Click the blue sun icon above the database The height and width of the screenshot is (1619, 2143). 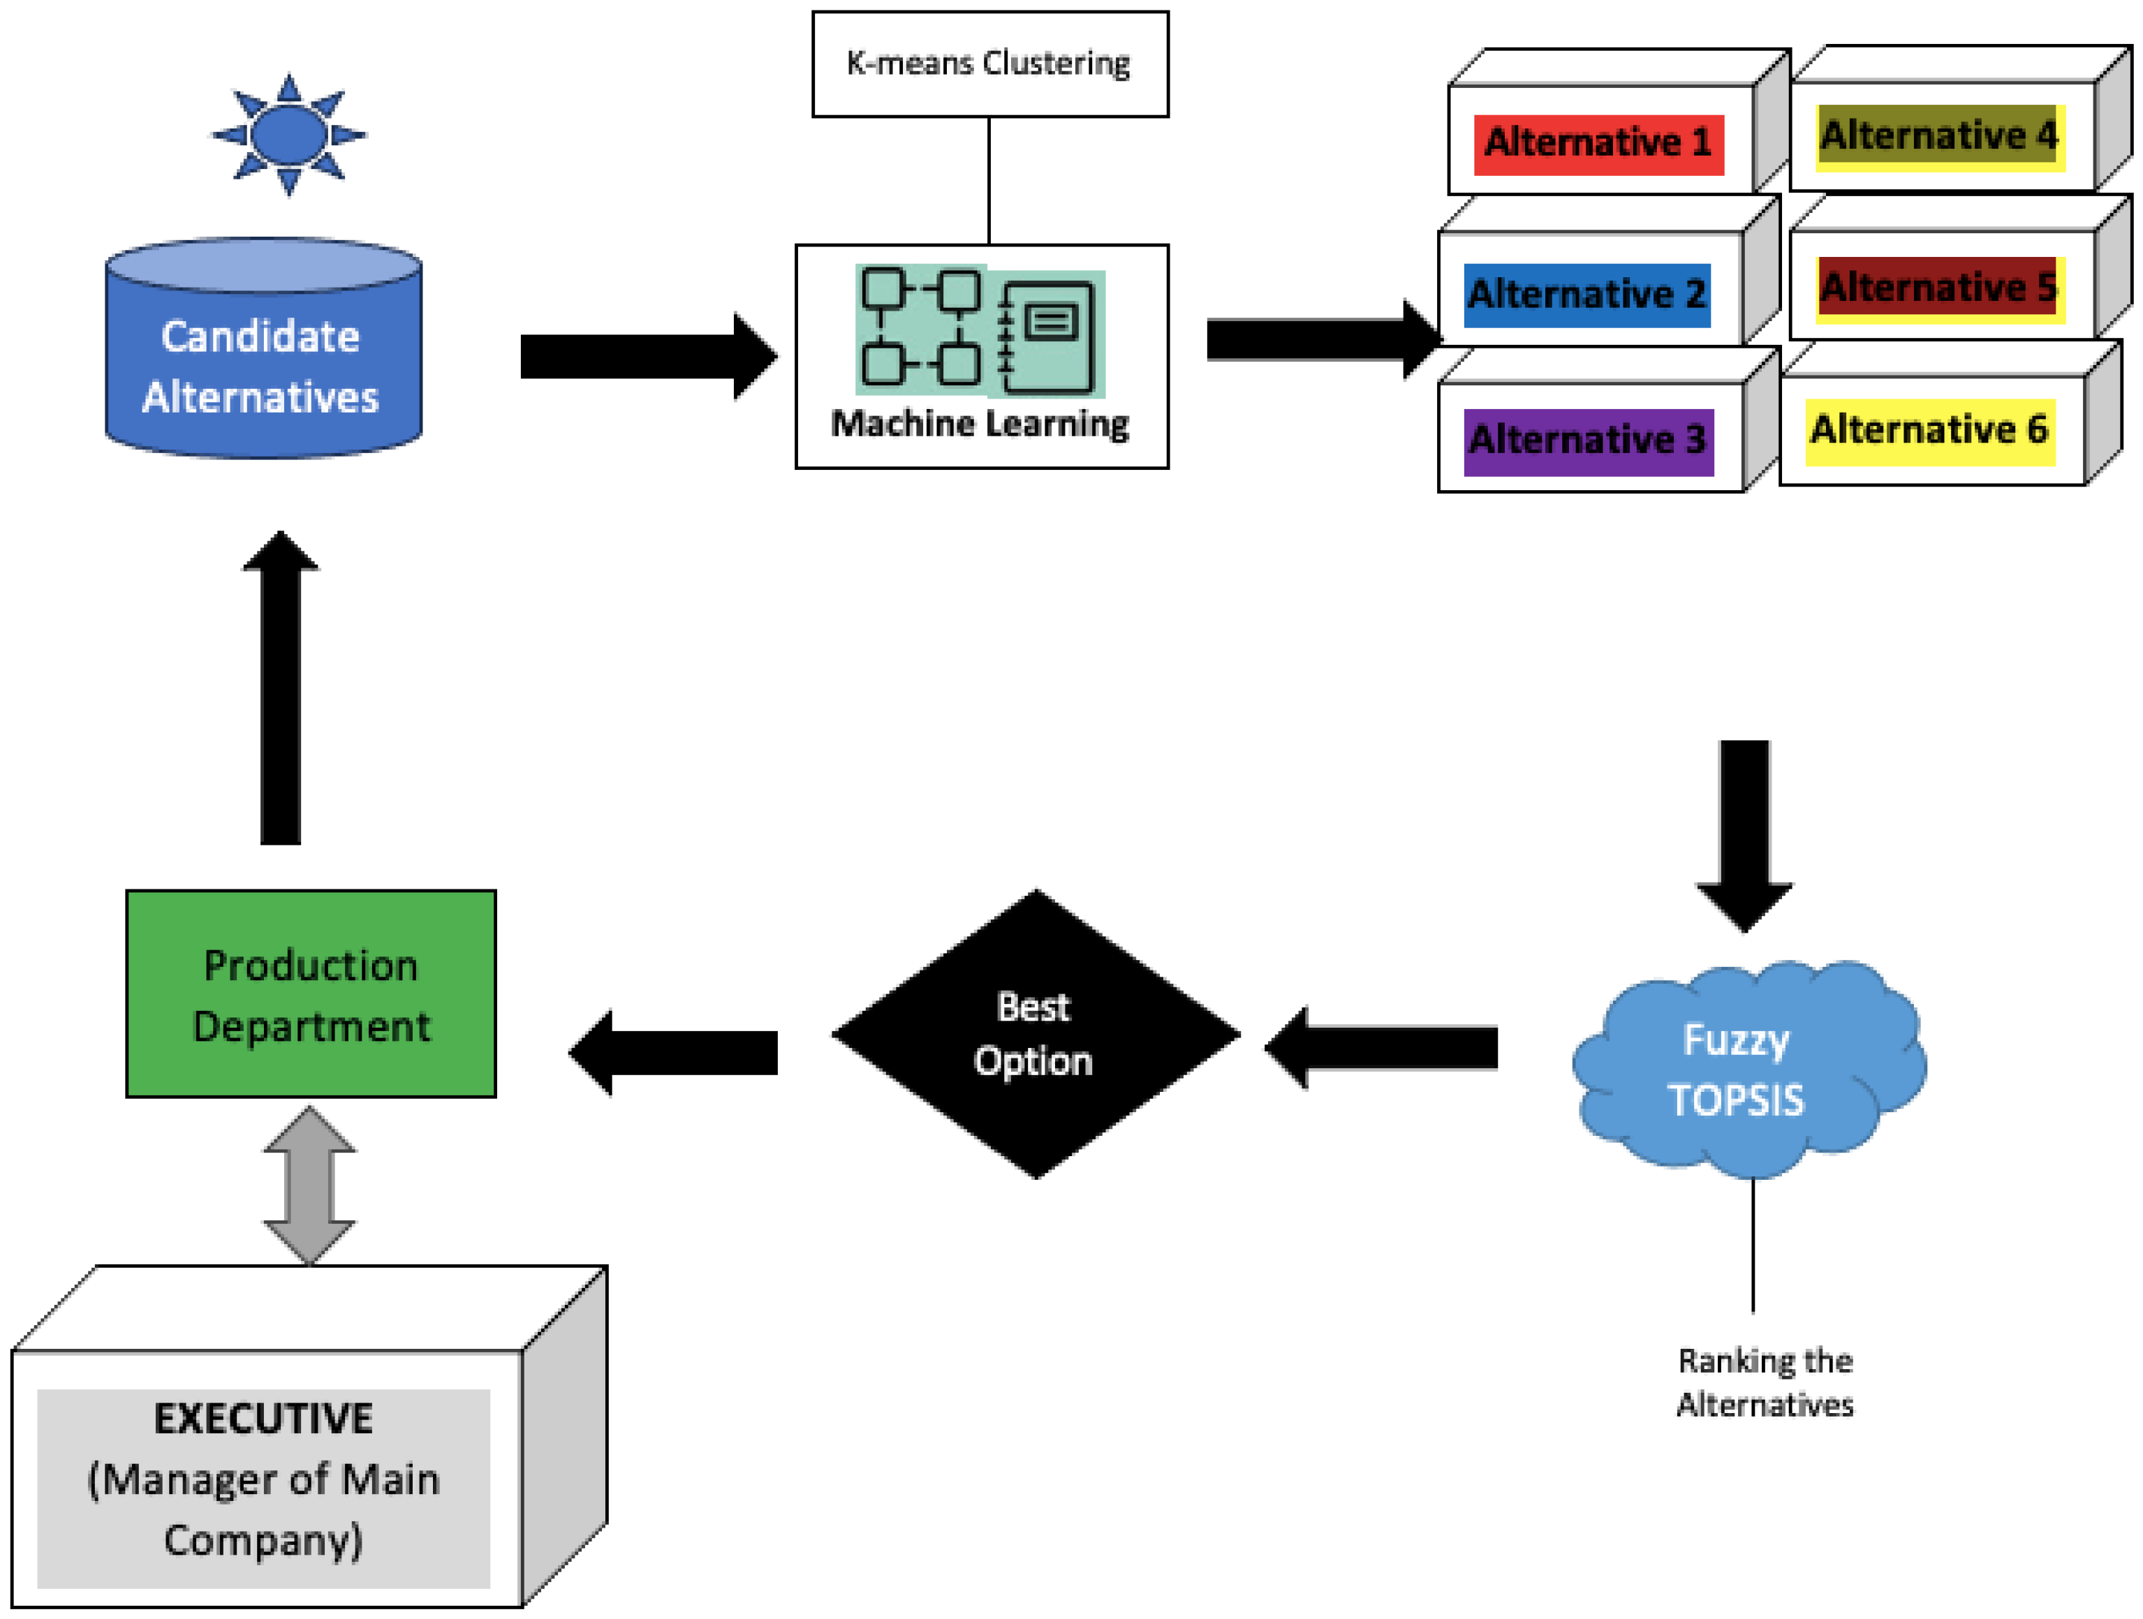(x=288, y=134)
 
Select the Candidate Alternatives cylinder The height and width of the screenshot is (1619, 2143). (x=263, y=358)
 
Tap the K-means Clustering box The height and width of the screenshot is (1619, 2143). (x=989, y=64)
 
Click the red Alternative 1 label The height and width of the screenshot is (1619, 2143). (x=1598, y=143)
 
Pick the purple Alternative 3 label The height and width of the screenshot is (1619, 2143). (x=1587, y=441)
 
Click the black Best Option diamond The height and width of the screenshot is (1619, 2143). (x=1035, y=1034)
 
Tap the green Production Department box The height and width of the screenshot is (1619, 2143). (x=310, y=994)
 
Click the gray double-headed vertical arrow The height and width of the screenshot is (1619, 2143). (x=310, y=1184)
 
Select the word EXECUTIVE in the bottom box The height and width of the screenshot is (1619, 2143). (x=263, y=1419)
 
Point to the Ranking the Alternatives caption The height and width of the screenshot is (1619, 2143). (x=1765, y=1382)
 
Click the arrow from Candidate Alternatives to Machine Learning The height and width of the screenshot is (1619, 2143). (x=647, y=357)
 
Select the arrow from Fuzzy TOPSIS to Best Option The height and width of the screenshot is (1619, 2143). (x=1383, y=1047)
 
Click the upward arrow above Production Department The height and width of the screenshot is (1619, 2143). (x=280, y=688)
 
